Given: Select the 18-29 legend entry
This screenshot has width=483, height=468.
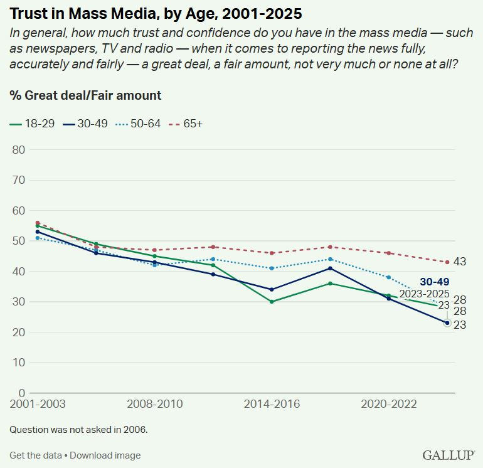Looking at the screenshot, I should pyautogui.click(x=34, y=124).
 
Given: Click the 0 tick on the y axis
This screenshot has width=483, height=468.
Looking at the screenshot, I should pyautogui.click(x=21, y=393).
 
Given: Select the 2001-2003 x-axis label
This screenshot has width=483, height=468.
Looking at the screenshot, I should pyautogui.click(x=38, y=404).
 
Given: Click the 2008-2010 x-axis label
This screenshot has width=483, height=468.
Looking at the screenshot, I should pyautogui.click(x=155, y=404).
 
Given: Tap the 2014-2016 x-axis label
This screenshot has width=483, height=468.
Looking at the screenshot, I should pyautogui.click(x=272, y=404).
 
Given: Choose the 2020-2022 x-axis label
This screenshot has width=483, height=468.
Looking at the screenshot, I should pyautogui.click(x=389, y=404).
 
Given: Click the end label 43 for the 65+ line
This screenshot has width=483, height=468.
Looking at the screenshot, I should pyautogui.click(x=459, y=262).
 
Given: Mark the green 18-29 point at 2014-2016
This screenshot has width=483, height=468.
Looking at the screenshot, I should pyautogui.click(x=272, y=302).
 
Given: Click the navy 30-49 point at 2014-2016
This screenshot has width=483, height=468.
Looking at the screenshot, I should pyautogui.click(x=272, y=289).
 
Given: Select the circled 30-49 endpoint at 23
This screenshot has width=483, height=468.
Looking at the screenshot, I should pyautogui.click(x=447, y=323).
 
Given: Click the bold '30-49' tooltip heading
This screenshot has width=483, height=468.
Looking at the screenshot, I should pyautogui.click(x=434, y=282).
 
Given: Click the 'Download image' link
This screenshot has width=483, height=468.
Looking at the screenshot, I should pyautogui.click(x=105, y=455).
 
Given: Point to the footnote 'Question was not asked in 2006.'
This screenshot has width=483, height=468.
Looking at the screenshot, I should pyautogui.click(x=78, y=430).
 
